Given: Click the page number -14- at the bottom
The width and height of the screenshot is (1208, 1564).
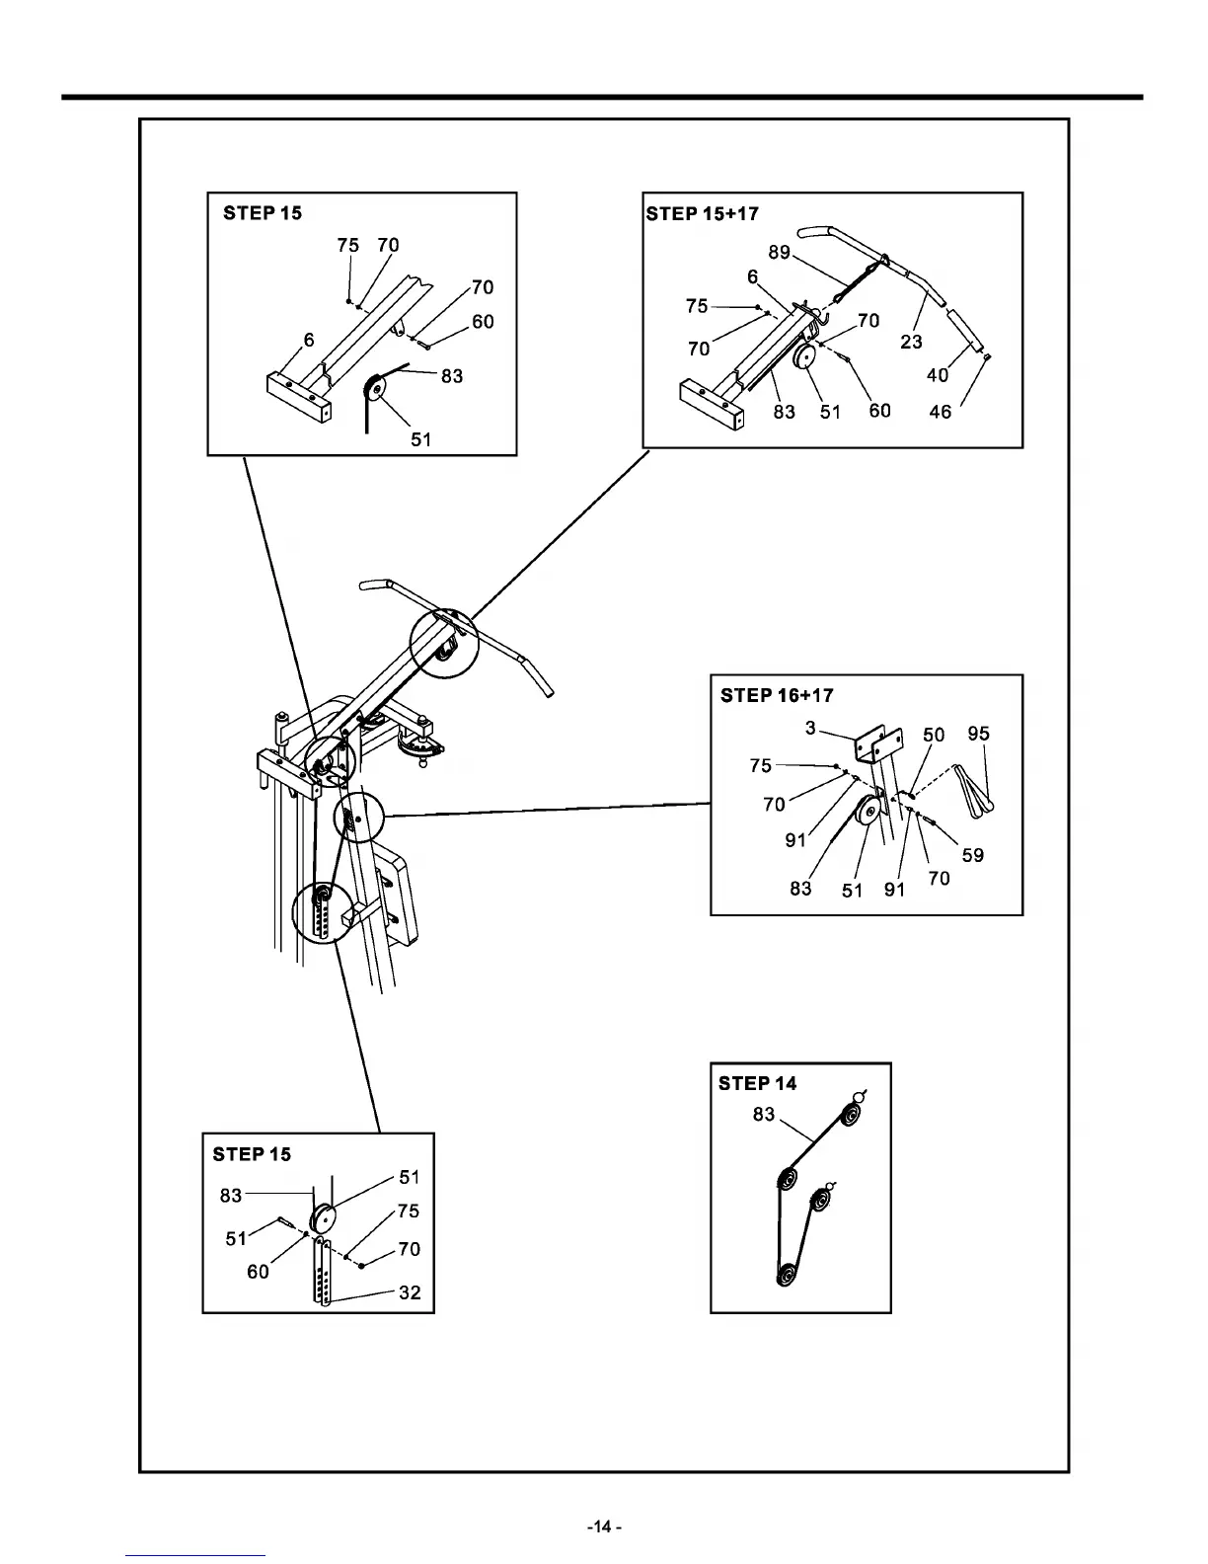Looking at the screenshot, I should tap(604, 1526).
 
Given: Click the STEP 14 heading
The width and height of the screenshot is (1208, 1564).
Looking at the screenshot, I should tap(757, 1083).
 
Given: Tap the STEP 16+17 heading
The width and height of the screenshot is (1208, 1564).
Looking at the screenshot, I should tap(777, 695).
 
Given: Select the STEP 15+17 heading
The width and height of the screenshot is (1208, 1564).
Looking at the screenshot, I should tap(702, 213).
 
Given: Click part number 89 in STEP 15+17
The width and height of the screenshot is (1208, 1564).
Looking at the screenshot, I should tap(779, 252).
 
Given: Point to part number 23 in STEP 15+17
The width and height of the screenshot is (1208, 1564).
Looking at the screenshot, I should tap(911, 342).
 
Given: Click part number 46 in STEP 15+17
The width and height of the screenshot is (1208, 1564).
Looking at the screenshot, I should tap(941, 411).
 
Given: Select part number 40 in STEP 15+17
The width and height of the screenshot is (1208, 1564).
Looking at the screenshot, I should tap(938, 375).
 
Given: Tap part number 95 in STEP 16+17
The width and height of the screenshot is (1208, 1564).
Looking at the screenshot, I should tap(978, 734).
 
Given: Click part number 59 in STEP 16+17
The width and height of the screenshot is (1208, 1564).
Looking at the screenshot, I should tap(972, 855).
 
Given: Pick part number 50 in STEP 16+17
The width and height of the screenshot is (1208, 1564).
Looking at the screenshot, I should tap(933, 735).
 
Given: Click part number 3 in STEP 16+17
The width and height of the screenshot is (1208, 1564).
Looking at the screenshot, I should tap(810, 729).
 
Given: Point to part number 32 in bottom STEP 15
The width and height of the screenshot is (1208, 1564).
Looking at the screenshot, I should tap(410, 1292).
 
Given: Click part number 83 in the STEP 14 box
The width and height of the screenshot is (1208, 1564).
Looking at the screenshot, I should tap(764, 1115).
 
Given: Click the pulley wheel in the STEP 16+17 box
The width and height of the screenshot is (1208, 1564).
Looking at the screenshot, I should tap(869, 813).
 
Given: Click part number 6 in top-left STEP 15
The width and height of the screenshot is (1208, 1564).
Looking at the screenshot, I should tap(309, 340).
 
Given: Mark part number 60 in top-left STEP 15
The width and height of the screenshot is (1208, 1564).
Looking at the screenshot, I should tap(483, 322).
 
